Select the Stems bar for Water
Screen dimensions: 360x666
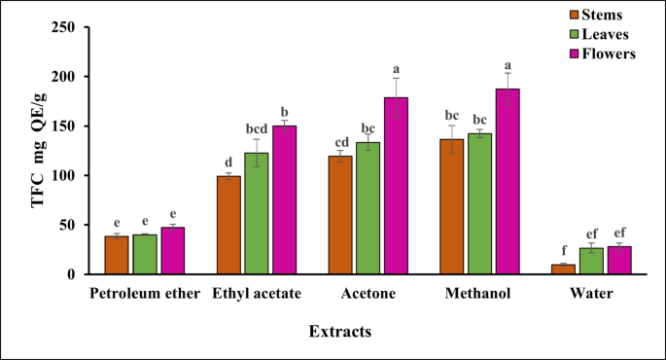pos(564,270)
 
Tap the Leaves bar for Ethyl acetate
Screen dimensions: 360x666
pos(256,214)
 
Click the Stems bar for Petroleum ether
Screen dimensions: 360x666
pos(117,255)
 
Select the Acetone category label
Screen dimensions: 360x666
pos(368,293)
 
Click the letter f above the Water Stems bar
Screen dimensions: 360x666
pos(564,251)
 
